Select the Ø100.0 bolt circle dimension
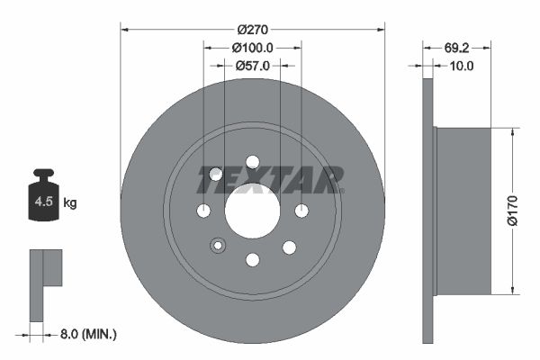(252, 48)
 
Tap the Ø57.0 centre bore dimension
(252, 66)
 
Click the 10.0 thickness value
(460, 66)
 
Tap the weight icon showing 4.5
(43, 200)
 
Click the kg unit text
(70, 203)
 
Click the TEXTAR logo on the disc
(270, 180)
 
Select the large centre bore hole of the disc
(252, 211)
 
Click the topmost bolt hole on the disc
(252, 162)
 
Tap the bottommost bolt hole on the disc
(252, 260)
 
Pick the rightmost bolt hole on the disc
(301, 211)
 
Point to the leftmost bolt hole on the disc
(203, 211)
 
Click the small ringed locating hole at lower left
(217, 246)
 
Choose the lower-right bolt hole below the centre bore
(289, 247)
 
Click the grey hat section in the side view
(463, 211)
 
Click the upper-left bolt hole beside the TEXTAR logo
(216, 175)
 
